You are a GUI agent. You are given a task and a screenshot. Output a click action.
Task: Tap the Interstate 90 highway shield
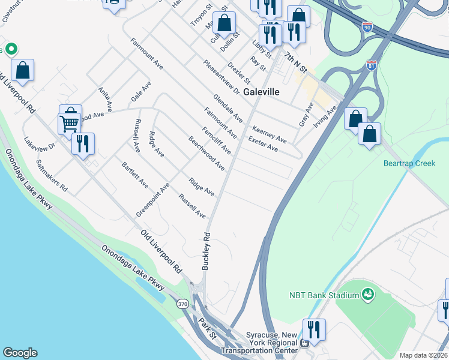pyautogui.click(x=368, y=27)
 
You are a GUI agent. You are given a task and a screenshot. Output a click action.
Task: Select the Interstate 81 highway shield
pyautogui.click(x=372, y=65)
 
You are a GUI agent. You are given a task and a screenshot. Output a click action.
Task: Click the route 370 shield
pyautogui.click(x=182, y=304)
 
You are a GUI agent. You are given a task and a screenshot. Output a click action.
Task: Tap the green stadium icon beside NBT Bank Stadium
pyautogui.click(x=368, y=294)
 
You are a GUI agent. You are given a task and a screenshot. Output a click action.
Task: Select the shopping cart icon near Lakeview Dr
pyautogui.click(x=69, y=123)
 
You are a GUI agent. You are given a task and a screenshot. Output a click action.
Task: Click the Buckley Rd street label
pyautogui.click(x=206, y=251)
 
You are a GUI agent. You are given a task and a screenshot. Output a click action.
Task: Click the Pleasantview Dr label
pyautogui.click(x=221, y=77)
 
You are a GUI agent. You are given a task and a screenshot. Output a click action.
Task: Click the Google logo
pyautogui.click(x=20, y=353)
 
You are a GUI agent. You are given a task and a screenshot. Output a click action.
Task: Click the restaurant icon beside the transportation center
pyautogui.click(x=313, y=329)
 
